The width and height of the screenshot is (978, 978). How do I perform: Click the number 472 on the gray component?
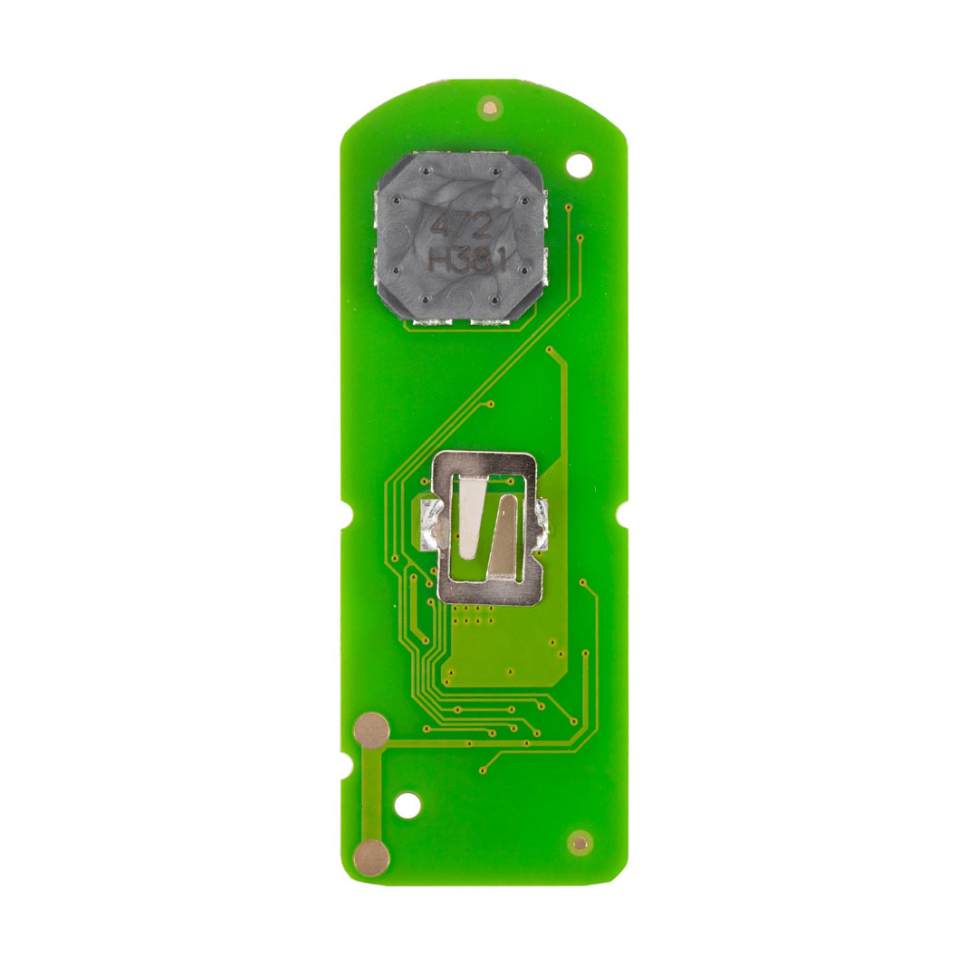463,225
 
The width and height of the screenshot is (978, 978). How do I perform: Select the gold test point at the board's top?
490,107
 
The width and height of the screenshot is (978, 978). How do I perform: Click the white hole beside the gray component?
579,166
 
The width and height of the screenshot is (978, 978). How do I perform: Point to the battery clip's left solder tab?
429,524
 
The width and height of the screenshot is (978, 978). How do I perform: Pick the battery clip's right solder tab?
542,523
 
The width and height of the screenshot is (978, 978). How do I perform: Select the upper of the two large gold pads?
371,731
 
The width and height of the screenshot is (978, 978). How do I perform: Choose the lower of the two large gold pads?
371,858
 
